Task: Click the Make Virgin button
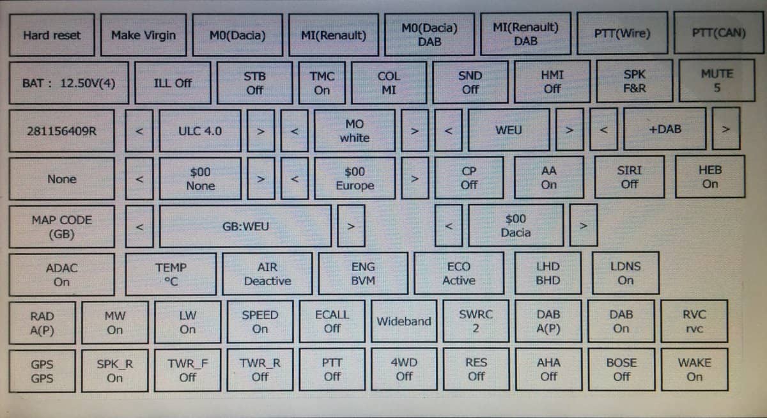pos(143,35)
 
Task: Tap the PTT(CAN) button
pos(719,33)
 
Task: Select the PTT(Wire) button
pos(622,34)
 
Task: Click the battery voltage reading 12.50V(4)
pos(68,83)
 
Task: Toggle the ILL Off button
pos(173,83)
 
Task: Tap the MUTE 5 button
pos(717,81)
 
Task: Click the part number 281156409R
pos(61,132)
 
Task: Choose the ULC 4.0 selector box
pos(200,131)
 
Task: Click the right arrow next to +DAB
pos(725,130)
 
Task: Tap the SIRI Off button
pos(630,177)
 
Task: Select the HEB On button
pos(710,177)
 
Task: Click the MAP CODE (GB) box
pos(61,227)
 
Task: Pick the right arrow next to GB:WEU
pos(350,226)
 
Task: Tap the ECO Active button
pos(458,274)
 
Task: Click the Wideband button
pos(403,321)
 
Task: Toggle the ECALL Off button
pos(332,321)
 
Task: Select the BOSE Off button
pos(621,369)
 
